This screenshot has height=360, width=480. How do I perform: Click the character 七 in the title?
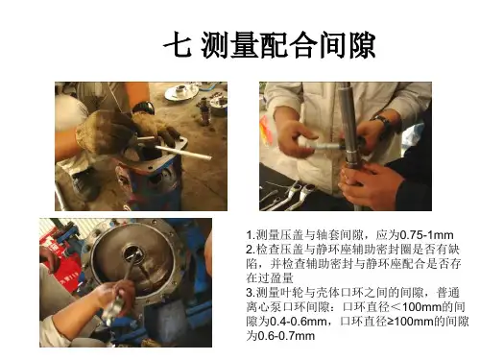pos(178,44)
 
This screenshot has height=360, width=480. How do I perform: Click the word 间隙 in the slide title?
pos(348,45)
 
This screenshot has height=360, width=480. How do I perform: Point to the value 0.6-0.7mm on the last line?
pos(286,336)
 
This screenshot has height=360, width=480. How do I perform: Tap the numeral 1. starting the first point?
pos(251,235)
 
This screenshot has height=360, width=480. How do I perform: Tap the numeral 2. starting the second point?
pos(251,250)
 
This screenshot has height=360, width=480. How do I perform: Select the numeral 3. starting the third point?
pos(251,293)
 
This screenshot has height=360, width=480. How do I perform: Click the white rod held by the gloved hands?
pos(183,153)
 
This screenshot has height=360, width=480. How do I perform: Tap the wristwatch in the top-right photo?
pos(382,123)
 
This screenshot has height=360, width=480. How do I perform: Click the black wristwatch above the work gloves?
pos(144,107)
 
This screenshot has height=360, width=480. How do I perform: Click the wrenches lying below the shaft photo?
pos(288,196)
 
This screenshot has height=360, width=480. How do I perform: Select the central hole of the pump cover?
pos(132,253)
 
